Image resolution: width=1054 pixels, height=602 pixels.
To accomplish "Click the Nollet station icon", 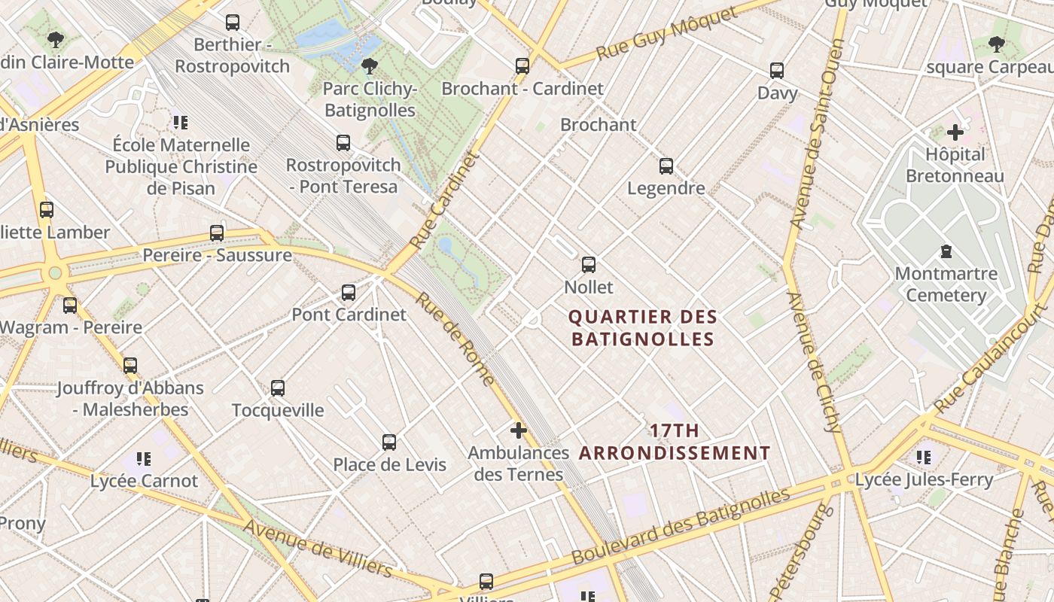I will [x=589, y=265].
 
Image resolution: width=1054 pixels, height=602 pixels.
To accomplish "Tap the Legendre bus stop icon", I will [x=666, y=166].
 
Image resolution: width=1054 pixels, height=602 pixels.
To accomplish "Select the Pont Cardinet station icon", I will [x=349, y=293].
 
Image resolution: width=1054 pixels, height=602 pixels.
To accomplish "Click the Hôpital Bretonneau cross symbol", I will [x=955, y=133].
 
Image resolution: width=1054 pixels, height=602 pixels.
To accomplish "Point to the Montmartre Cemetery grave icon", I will [x=946, y=251].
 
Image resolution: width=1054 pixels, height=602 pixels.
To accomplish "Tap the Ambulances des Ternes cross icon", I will [x=519, y=430].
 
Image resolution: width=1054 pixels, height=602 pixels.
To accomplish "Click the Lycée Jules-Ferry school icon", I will [x=924, y=457].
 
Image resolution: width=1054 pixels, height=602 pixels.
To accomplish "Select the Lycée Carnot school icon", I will [x=144, y=458].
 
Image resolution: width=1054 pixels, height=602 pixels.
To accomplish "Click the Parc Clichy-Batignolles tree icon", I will [x=369, y=66].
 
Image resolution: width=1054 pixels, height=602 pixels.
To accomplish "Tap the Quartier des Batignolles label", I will [x=642, y=328].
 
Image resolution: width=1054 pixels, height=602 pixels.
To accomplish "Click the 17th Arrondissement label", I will [x=675, y=442].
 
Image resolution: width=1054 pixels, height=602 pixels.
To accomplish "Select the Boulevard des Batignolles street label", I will [x=681, y=527].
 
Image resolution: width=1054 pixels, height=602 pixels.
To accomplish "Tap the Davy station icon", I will [x=777, y=71].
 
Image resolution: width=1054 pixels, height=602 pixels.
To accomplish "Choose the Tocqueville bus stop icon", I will [x=278, y=388].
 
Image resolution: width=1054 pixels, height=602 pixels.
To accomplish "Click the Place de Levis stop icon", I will [x=389, y=442].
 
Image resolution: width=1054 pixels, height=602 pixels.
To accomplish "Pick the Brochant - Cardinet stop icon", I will [x=522, y=66].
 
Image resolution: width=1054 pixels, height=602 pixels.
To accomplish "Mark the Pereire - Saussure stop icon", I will [x=217, y=233].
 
